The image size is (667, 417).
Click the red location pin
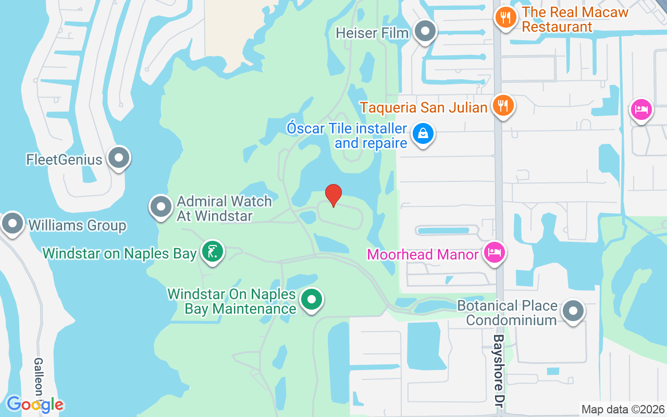coord(333,195)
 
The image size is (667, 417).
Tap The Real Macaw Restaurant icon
coord(505,18)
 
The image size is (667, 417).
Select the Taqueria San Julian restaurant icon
coord(503,106)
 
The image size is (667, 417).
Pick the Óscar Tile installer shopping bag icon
coord(423,134)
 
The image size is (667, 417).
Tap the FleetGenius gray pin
coord(119,158)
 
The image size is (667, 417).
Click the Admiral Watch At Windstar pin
coord(161,207)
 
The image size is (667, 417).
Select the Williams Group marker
coord(13,224)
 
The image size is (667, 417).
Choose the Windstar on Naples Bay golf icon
coord(212,252)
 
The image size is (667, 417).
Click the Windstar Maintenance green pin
coord(312,300)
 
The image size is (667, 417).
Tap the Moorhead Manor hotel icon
coord(493,253)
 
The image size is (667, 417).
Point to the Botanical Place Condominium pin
coord(573,311)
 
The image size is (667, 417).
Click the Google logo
coord(35,404)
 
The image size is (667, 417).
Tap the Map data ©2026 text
coord(623,409)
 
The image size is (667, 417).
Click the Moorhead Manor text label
coord(423,254)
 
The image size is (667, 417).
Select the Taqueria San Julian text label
coord(424,107)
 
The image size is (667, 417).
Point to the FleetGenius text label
coord(64,159)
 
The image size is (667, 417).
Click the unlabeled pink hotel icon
coord(640,110)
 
